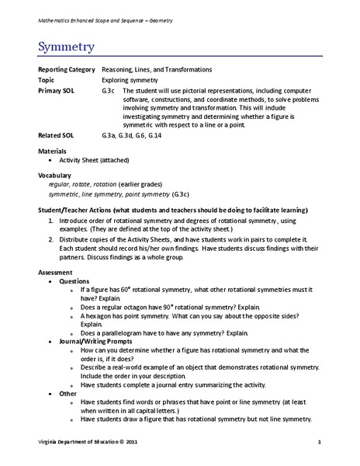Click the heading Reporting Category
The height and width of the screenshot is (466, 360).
click(67, 70)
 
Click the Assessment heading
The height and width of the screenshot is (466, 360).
click(57, 272)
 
